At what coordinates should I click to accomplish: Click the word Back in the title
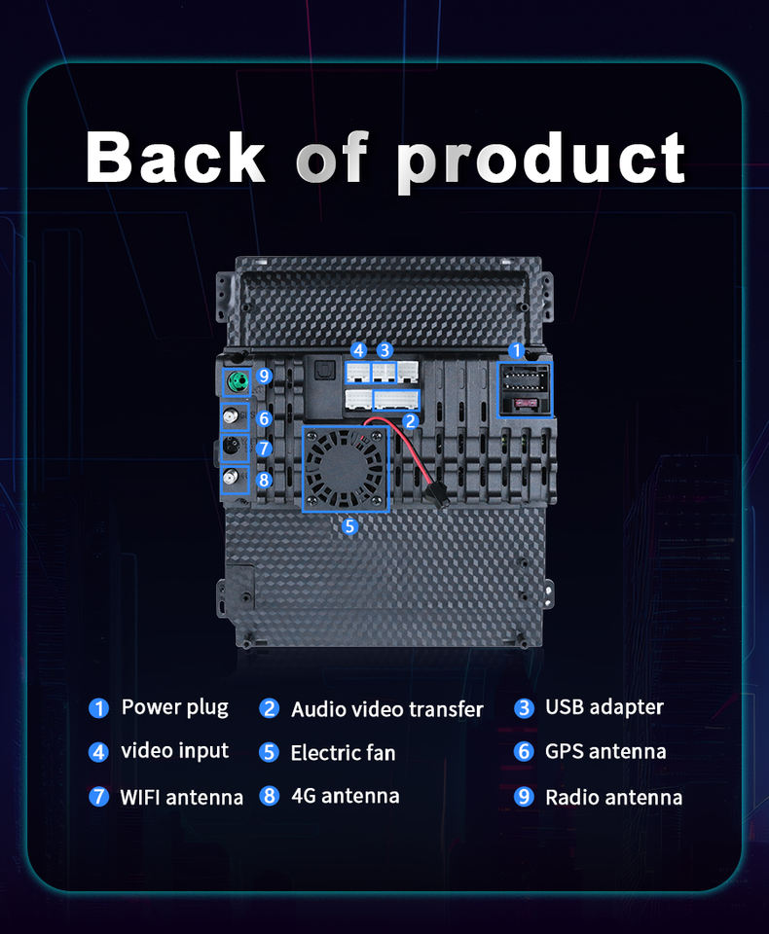175,156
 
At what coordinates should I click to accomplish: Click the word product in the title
541,160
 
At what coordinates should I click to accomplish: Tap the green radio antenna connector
238,381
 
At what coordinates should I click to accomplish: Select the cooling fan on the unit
346,469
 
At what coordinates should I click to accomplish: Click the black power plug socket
526,389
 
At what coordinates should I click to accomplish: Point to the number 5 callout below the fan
349,526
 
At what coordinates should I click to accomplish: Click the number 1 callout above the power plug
516,351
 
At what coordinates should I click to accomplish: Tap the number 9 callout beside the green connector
264,376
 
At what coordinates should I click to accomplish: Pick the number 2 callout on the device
410,421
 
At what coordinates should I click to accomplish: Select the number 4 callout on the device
358,350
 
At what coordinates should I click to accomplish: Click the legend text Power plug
174,707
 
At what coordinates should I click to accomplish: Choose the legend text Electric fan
343,753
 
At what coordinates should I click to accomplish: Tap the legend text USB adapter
604,707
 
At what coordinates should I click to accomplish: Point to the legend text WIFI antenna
182,798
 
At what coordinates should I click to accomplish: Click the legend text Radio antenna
613,798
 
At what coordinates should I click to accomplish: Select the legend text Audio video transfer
386,709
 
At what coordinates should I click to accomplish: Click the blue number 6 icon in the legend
524,752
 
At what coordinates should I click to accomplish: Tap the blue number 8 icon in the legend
270,796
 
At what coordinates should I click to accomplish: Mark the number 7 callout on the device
264,449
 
